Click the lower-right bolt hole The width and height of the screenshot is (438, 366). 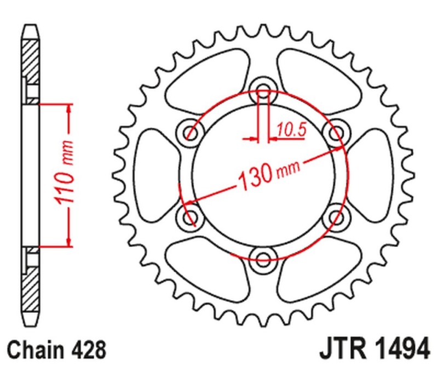pyautogui.click(x=334, y=218)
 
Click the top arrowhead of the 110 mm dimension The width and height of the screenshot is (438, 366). pyautogui.click(x=69, y=110)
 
